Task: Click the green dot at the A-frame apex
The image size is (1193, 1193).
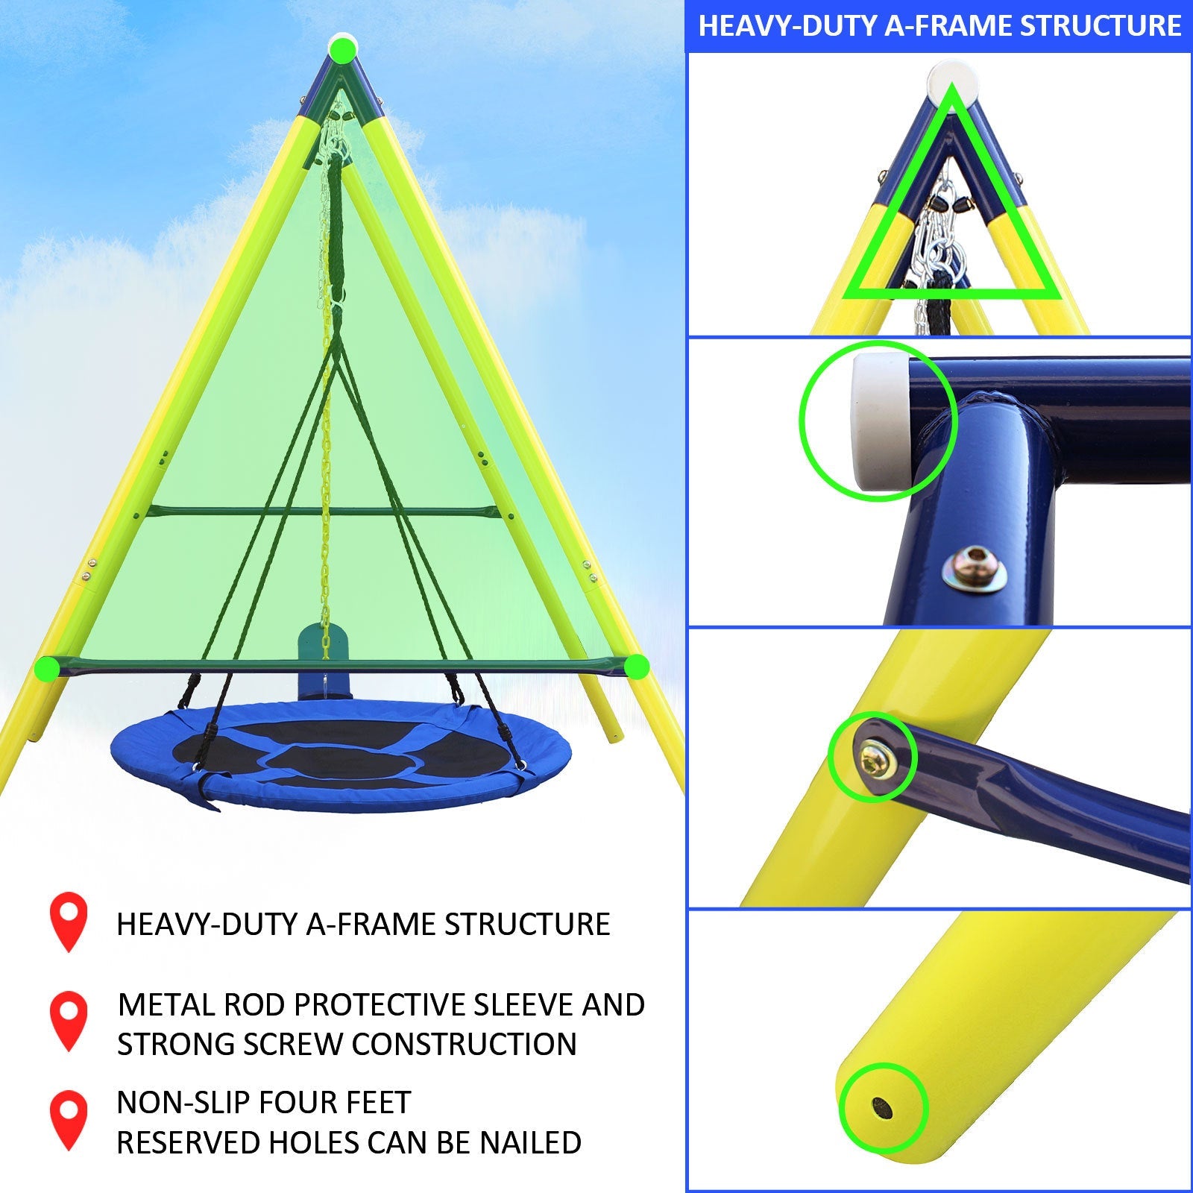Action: point(343,50)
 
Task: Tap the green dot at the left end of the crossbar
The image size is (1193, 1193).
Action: point(47,668)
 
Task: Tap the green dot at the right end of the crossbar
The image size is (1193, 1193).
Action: point(636,667)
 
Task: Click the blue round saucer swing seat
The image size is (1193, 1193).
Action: point(341,757)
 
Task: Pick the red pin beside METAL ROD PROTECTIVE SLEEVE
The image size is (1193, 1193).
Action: point(69,1019)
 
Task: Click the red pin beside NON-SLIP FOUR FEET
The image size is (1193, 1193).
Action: point(69,1118)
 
